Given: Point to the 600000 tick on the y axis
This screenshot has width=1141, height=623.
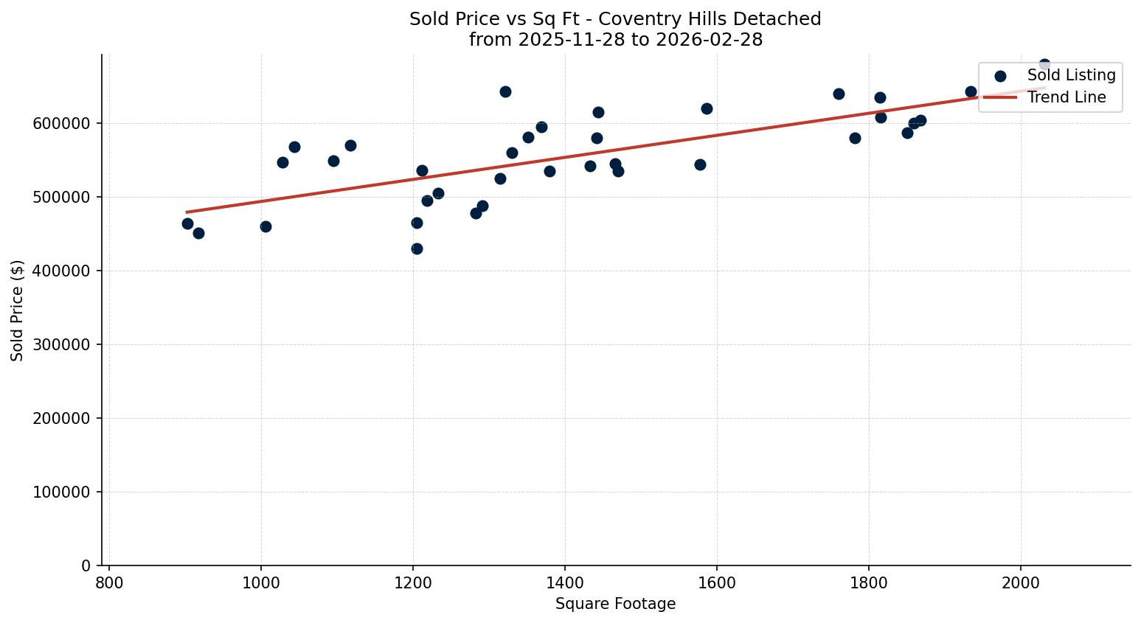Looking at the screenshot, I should [62, 124].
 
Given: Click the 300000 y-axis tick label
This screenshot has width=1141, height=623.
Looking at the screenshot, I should [62, 345].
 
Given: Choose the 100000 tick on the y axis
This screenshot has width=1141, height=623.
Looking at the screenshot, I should [62, 493].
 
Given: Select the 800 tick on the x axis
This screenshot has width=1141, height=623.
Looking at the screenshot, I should [109, 582].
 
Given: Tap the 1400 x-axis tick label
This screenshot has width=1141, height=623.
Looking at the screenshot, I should [565, 582].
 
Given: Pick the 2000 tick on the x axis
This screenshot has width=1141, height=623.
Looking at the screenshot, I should [1021, 582].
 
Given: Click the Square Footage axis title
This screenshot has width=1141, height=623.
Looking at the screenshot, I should [615, 605].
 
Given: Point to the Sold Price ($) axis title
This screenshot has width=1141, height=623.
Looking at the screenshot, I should [18, 310].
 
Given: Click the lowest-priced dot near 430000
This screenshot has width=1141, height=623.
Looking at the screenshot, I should [417, 248].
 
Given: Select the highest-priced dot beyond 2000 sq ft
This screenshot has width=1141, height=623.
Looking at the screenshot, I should [1044, 65].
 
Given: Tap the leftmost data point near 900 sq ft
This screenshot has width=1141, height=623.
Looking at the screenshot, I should [187, 223].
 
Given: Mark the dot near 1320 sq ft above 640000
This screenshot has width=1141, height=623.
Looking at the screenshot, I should [505, 91].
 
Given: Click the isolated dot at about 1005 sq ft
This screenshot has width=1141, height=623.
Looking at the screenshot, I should [266, 226].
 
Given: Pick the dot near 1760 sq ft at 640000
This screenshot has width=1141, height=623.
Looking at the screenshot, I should [839, 94].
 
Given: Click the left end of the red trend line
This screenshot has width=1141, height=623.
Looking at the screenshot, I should [187, 212].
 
